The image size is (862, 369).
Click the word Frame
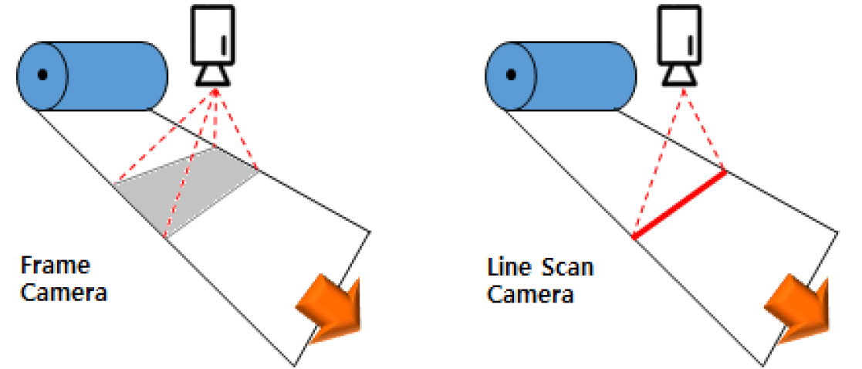tap(55, 266)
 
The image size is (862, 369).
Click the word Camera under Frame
tap(63, 293)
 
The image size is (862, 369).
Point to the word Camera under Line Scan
tap(530, 294)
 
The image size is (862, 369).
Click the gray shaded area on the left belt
tap(186, 191)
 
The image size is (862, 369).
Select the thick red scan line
tap(679, 205)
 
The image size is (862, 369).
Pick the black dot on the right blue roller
tap(511, 74)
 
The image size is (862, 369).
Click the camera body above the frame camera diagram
tap(212, 34)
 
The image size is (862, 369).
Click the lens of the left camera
tap(213, 76)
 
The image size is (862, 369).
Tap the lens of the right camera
tap(681, 76)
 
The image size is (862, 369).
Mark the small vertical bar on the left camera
tap(223, 45)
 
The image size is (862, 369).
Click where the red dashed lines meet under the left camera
tap(215, 91)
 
